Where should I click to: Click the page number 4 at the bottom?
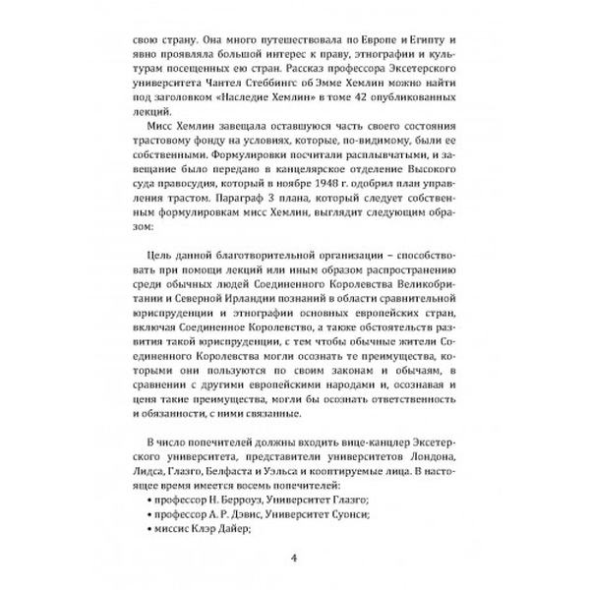point(294,561)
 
